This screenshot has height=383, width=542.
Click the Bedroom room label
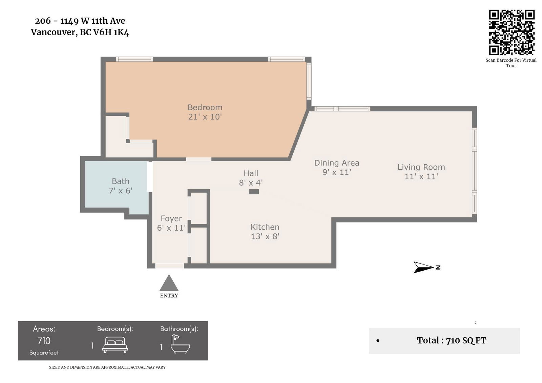tap(205, 112)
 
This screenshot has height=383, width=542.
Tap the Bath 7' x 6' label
tap(121, 186)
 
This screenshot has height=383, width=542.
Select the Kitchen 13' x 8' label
tap(265, 232)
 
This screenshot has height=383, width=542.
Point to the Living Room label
tap(421, 172)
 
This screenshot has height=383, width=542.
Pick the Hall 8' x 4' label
tap(251, 178)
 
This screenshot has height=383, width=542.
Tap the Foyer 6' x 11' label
tap(171, 223)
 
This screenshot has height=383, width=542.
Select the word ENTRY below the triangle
tap(169, 296)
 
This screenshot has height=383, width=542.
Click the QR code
tap(511, 32)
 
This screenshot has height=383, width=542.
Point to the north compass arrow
tap(423, 267)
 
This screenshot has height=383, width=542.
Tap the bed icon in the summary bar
tap(115, 345)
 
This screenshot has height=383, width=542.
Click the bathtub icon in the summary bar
tap(180, 344)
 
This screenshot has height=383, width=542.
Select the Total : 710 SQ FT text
tap(451, 340)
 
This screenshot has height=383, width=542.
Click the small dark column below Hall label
tap(254, 192)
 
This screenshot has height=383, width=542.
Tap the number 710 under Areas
tap(44, 341)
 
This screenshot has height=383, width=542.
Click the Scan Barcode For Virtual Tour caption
tap(511, 63)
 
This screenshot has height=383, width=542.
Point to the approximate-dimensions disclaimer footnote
tap(107, 367)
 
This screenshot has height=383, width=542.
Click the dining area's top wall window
tap(342, 109)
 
